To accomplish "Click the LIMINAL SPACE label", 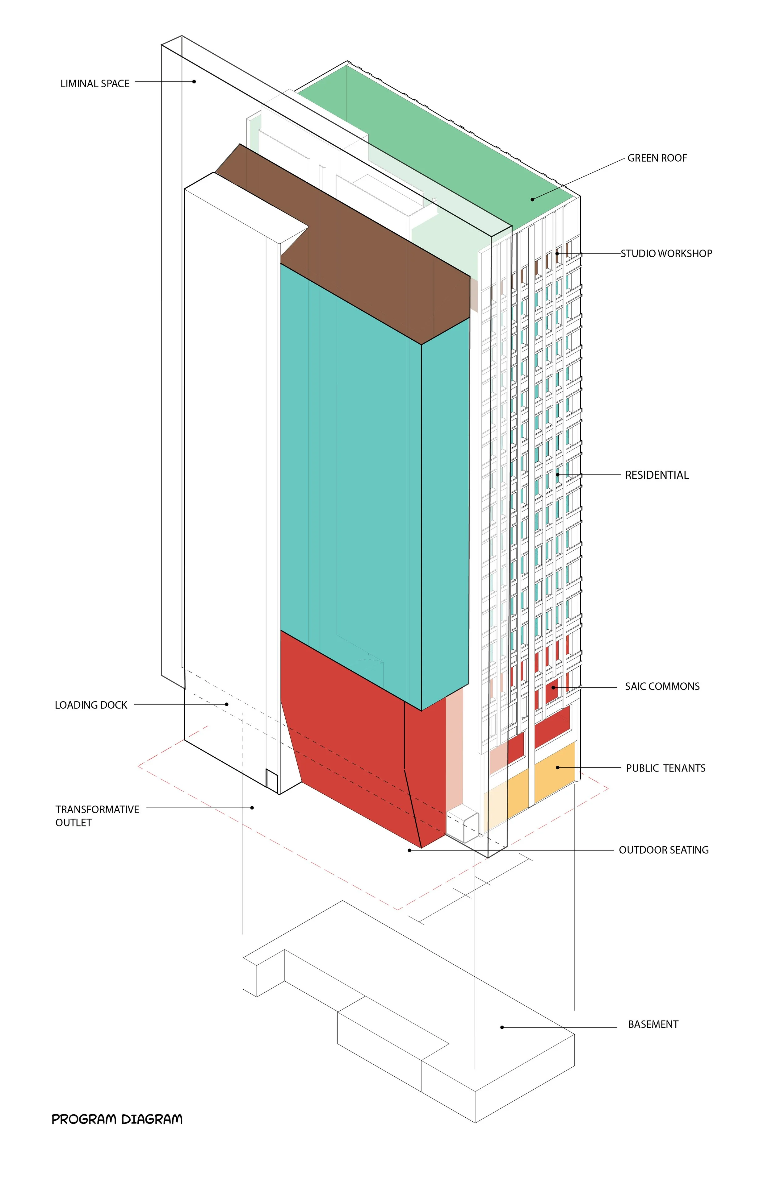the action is [95, 84].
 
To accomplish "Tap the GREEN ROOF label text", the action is [657, 158].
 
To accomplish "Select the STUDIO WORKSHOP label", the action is [666, 254].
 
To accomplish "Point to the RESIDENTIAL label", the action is [656, 475].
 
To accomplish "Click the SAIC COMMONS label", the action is [662, 687].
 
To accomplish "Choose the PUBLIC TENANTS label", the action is [665, 768].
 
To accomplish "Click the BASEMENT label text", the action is [653, 1025].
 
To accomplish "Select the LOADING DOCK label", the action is [91, 705].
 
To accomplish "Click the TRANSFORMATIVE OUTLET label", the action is [97, 816].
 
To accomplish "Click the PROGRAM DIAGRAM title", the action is [117, 1120].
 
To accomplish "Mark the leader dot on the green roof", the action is [532, 199].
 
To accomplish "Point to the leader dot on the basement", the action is [502, 1027].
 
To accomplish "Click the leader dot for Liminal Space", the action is [194, 82].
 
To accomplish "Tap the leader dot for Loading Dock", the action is [227, 704].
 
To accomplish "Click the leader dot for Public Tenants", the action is [557, 767].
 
